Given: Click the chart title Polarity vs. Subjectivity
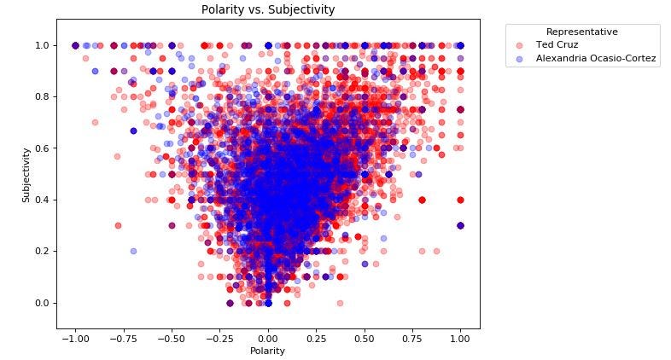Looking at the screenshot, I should click(268, 10).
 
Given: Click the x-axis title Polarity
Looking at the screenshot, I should click(268, 351).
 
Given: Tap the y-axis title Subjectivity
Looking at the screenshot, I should click(26, 174).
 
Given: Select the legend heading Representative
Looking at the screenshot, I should click(582, 32).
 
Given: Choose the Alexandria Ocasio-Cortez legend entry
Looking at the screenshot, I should click(596, 59).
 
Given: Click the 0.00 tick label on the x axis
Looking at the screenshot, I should click(268, 338).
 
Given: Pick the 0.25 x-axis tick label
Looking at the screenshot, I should click(317, 338).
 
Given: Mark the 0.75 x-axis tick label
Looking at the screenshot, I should click(413, 338).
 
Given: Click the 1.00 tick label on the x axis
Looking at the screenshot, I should click(461, 338).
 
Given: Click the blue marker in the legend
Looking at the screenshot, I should click(521, 59).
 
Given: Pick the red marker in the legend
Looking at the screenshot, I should click(521, 44).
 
